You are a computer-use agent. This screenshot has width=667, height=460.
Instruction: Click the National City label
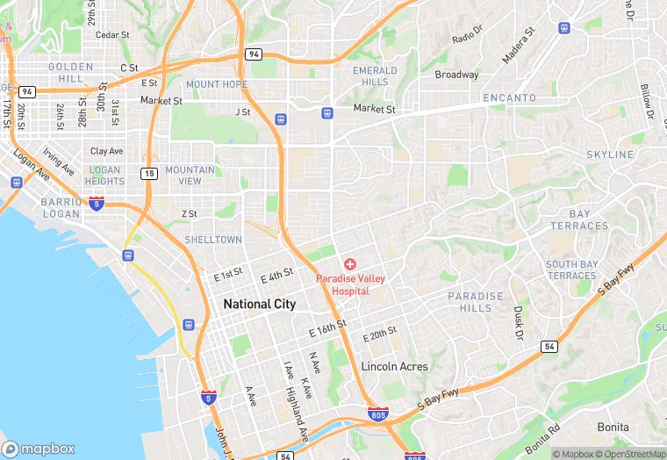tap(259, 304)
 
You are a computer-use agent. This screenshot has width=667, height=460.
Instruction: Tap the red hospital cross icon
tap(350, 263)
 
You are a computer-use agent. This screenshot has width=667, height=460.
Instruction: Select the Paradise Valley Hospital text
tap(350, 284)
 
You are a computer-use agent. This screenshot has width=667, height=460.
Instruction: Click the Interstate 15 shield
tap(150, 174)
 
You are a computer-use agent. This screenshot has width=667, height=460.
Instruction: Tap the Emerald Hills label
tap(375, 76)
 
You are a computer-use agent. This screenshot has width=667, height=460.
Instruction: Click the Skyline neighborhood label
tap(610, 155)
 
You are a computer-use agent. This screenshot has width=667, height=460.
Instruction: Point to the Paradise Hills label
tap(476, 302)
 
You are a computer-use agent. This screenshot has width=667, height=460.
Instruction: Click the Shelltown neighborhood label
tap(213, 240)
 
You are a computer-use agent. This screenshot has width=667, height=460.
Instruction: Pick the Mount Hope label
tap(216, 84)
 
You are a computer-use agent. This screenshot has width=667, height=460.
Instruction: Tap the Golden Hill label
tap(65, 73)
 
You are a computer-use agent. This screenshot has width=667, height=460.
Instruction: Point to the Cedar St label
tap(112, 35)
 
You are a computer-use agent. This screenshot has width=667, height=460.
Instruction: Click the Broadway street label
tap(457, 75)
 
